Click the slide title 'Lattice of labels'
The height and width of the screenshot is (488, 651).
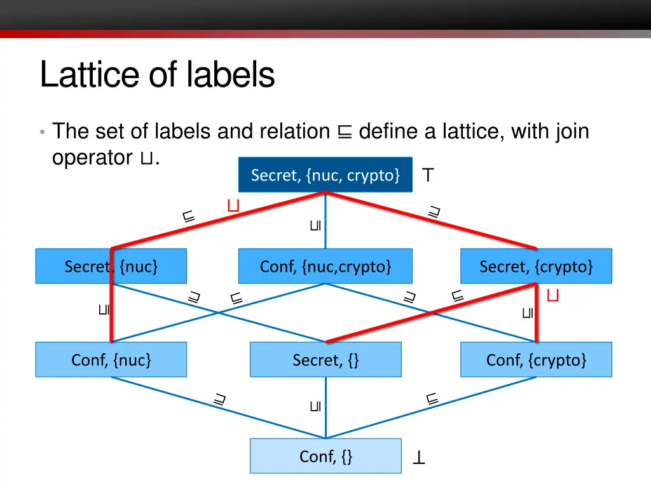[157, 75]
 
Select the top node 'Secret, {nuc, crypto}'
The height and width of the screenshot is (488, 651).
[325, 175]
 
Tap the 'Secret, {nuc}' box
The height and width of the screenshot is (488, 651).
[111, 266]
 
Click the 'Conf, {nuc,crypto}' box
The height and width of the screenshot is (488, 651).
[325, 266]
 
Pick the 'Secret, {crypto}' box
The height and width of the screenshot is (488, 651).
[535, 266]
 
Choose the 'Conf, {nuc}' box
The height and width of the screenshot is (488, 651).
[111, 360]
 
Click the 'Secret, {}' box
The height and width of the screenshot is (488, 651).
[325, 360]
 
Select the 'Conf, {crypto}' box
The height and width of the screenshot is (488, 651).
[535, 360]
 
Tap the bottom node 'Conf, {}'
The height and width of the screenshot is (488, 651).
[325, 456]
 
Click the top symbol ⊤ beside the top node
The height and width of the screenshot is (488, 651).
[428, 175]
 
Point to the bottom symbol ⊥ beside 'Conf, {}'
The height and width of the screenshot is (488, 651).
[419, 457]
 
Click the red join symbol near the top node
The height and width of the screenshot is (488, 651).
[233, 205]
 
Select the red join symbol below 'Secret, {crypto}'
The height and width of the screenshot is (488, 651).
[553, 295]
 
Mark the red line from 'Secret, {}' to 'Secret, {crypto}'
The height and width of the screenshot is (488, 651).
[432, 313]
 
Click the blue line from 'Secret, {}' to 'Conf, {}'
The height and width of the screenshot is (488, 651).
[325, 413]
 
